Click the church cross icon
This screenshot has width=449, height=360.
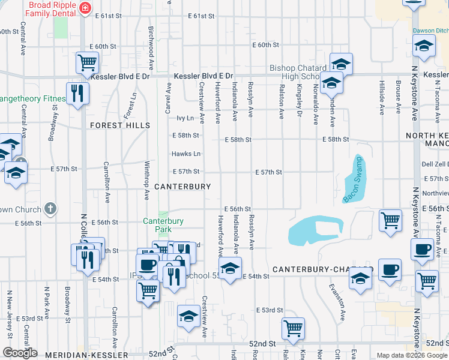(x=51, y=209)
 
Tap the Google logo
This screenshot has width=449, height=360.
(x=20, y=353)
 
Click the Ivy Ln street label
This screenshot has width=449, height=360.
(x=185, y=118)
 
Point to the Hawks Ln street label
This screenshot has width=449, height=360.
(x=185, y=154)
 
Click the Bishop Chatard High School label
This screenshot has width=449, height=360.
(x=298, y=72)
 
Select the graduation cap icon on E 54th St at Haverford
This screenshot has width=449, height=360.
(x=230, y=270)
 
